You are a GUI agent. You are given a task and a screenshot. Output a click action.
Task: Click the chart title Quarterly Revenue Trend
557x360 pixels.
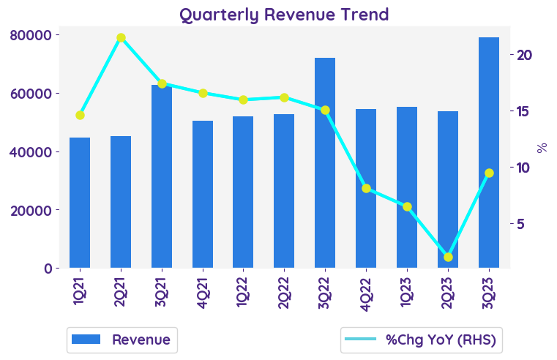click(284, 15)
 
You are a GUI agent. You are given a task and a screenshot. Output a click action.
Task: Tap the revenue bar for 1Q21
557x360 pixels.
click(80, 203)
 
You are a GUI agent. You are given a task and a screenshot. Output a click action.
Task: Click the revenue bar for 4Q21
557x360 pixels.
click(203, 194)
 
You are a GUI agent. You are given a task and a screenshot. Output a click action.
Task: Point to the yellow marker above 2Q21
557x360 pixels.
click(121, 37)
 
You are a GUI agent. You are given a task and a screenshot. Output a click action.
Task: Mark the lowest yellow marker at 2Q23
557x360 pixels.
click(448, 257)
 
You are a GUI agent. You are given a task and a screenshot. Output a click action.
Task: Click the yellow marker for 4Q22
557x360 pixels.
click(366, 188)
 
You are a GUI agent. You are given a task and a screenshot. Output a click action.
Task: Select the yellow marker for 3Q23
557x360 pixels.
click(489, 173)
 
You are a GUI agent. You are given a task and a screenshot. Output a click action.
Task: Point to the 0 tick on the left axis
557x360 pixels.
click(48, 269)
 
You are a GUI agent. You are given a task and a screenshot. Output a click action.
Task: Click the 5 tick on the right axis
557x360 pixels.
click(521, 224)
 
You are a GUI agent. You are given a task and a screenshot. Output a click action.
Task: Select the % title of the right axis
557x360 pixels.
click(542, 148)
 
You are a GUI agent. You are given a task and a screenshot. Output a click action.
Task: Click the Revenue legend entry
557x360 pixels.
click(122, 340)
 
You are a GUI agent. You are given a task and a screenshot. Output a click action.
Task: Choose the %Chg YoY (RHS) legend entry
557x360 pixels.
click(423, 340)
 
